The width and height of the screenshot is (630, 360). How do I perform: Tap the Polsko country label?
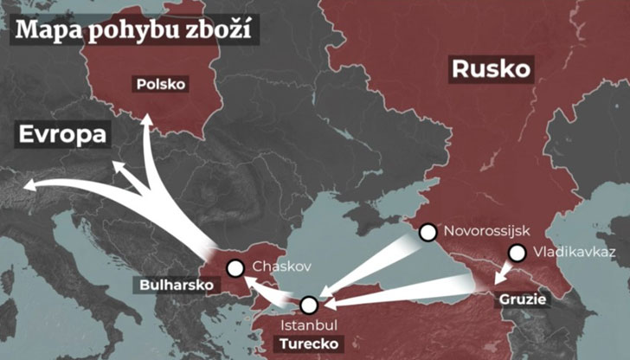tap(162, 84)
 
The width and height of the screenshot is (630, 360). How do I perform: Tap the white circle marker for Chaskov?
tap(235, 268)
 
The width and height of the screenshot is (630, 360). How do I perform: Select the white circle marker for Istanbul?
tap(309, 305)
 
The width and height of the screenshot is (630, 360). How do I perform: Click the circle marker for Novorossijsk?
tap(427, 232)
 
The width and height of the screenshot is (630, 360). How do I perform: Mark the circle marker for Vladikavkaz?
tap(517, 254)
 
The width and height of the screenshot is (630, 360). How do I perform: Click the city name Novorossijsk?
tap(485, 232)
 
